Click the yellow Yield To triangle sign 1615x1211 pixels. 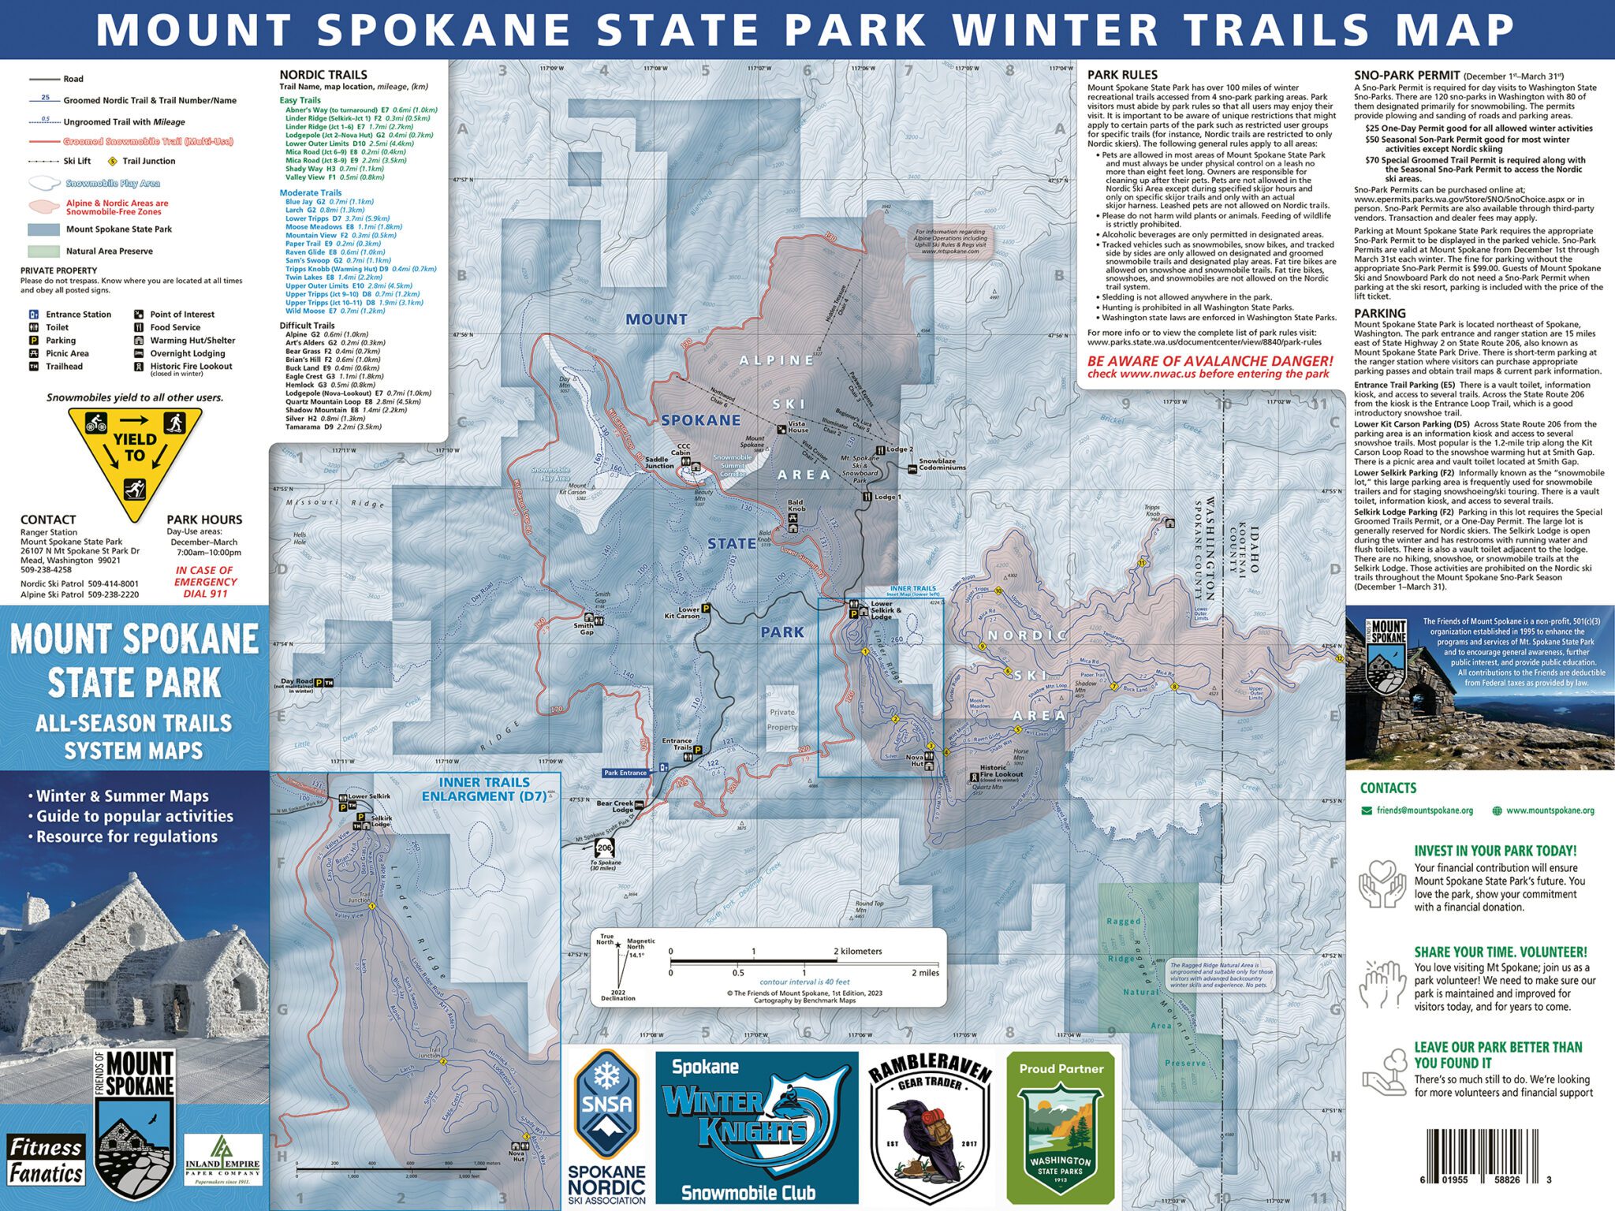134,457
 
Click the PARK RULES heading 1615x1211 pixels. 1122,75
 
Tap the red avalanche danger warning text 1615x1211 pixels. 1210,367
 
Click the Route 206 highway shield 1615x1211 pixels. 605,848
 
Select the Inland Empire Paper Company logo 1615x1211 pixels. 222,1160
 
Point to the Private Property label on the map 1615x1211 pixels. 782,719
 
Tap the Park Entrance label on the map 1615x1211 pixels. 625,773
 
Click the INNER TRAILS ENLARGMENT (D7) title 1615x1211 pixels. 484,789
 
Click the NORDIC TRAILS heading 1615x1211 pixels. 323,75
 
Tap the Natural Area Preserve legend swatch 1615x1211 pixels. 44,252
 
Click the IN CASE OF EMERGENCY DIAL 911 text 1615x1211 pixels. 205,582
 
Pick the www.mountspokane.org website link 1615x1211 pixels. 1550,810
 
